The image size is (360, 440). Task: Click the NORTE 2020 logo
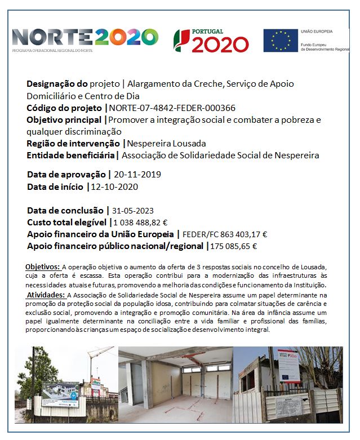tap(85, 38)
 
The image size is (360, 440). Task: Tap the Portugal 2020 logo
tap(211, 41)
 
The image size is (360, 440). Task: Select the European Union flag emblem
tap(281, 40)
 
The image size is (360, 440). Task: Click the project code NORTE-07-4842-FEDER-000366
tap(172, 108)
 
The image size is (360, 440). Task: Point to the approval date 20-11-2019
tap(137, 175)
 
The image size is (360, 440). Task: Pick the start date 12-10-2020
tap(114, 186)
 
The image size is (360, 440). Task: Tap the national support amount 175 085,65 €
tap(234, 246)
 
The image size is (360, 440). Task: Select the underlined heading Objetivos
tap(43, 266)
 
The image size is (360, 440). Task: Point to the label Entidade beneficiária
tap(71, 155)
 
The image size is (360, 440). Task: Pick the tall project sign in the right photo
tap(287, 367)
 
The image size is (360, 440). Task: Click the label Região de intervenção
tap(74, 143)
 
